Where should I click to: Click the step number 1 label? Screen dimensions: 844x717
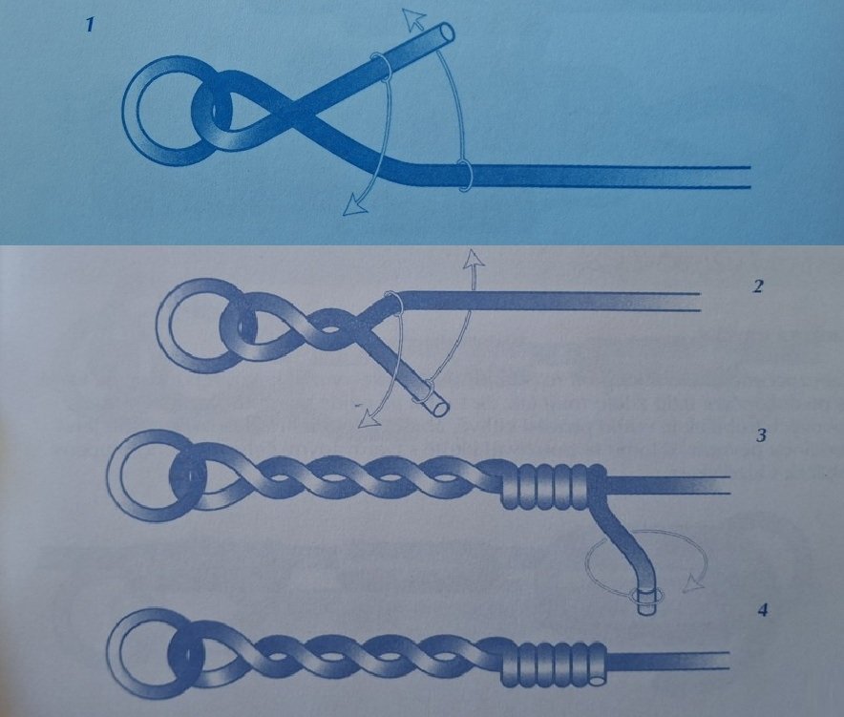[90, 25]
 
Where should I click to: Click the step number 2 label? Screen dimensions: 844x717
[758, 286]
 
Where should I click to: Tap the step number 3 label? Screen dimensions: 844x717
[761, 435]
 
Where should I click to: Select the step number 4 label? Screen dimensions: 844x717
[762, 610]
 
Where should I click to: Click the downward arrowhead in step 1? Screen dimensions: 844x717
[354, 205]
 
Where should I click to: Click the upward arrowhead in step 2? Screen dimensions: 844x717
[474, 259]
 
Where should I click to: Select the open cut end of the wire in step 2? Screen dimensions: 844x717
[441, 409]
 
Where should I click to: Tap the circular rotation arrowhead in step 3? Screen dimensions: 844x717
[694, 583]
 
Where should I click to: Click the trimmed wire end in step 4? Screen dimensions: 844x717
[598, 681]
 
